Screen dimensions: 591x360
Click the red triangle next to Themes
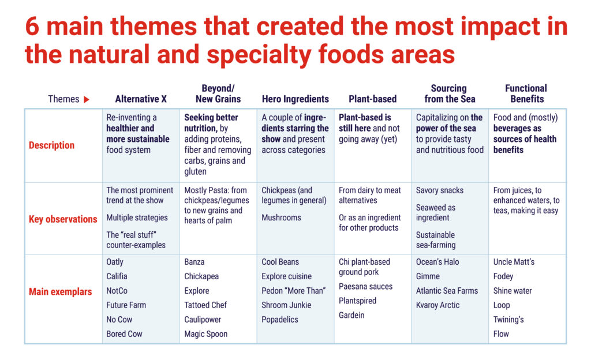(87, 99)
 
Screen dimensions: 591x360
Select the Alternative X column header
(141, 99)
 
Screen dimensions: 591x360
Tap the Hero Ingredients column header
(295, 99)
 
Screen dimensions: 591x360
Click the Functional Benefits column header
(526, 94)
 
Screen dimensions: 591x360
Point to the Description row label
(51, 145)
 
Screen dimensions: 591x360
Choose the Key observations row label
(63, 219)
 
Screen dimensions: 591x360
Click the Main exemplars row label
(60, 292)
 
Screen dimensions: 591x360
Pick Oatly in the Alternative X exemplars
(115, 262)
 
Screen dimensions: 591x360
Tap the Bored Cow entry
(124, 334)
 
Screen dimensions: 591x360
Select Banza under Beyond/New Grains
(194, 262)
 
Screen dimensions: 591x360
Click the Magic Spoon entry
(206, 334)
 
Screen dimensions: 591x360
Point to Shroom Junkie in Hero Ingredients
(286, 305)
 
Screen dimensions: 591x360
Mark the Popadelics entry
(280, 320)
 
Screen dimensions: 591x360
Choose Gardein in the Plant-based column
(351, 315)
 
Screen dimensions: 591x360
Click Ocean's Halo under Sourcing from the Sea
(437, 262)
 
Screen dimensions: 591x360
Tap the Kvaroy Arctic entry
(437, 305)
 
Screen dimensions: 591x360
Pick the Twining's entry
(508, 320)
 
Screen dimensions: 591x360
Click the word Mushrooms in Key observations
(281, 217)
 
